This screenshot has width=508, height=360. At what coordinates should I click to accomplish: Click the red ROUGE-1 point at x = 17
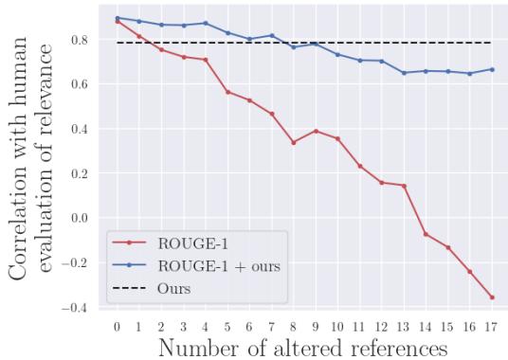492,297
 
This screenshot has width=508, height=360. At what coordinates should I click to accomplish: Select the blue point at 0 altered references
117,18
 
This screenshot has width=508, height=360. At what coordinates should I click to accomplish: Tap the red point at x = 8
293,142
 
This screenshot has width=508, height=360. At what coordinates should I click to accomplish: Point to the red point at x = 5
227,92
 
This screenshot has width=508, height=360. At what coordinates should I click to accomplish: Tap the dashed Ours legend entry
190,288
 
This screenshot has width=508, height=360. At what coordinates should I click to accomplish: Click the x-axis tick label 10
337,327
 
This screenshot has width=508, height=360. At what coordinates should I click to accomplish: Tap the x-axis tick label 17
492,327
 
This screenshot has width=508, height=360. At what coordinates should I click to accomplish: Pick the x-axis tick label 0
117,327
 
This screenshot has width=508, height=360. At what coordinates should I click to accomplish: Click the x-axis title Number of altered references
304,347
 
